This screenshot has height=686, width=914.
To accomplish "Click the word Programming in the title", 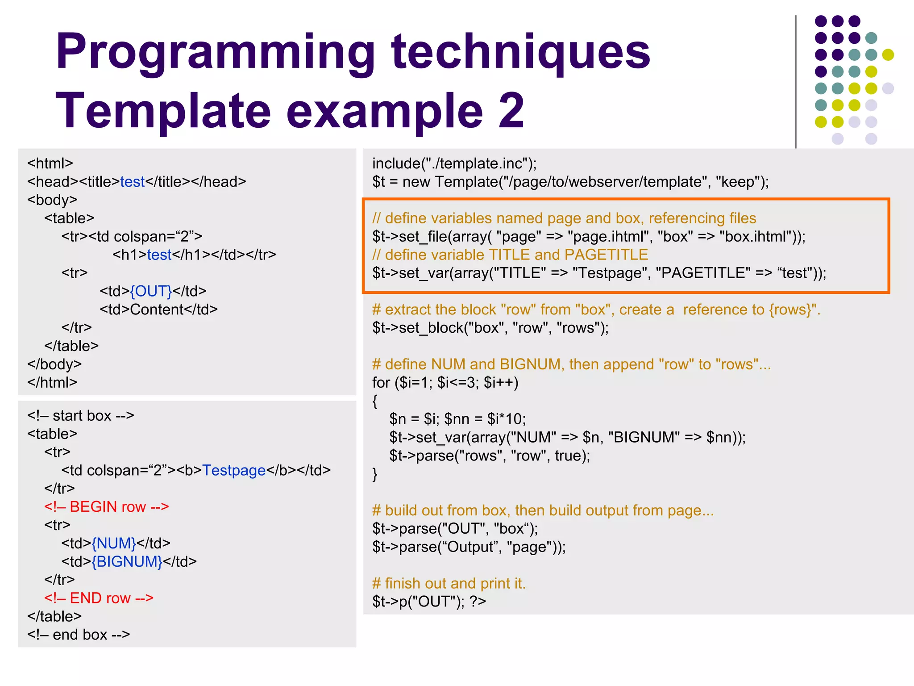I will (214, 53).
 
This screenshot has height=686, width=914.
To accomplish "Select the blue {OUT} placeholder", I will (151, 291).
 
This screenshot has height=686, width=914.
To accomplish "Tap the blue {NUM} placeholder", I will (114, 543).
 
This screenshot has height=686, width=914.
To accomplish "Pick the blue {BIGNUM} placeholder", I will (127, 561).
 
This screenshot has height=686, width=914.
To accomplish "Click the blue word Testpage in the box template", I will (234, 470).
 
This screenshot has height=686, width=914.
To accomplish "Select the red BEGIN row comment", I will (106, 507).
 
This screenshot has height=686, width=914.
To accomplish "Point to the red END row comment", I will (99, 598).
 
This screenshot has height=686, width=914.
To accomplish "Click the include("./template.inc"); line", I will (454, 163).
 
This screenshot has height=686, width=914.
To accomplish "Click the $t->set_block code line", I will (490, 328).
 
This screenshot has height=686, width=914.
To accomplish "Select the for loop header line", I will (445, 383).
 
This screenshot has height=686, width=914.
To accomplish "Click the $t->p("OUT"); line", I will (428, 602).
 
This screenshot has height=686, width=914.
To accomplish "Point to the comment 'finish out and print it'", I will (449, 583).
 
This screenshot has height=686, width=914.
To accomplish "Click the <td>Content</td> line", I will (158, 310).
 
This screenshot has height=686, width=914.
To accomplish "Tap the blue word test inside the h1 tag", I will (159, 255).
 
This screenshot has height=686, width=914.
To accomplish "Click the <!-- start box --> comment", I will (80, 415).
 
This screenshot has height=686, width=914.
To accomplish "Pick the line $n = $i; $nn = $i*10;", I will (457, 419).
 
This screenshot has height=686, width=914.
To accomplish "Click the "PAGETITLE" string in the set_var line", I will (703, 273).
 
